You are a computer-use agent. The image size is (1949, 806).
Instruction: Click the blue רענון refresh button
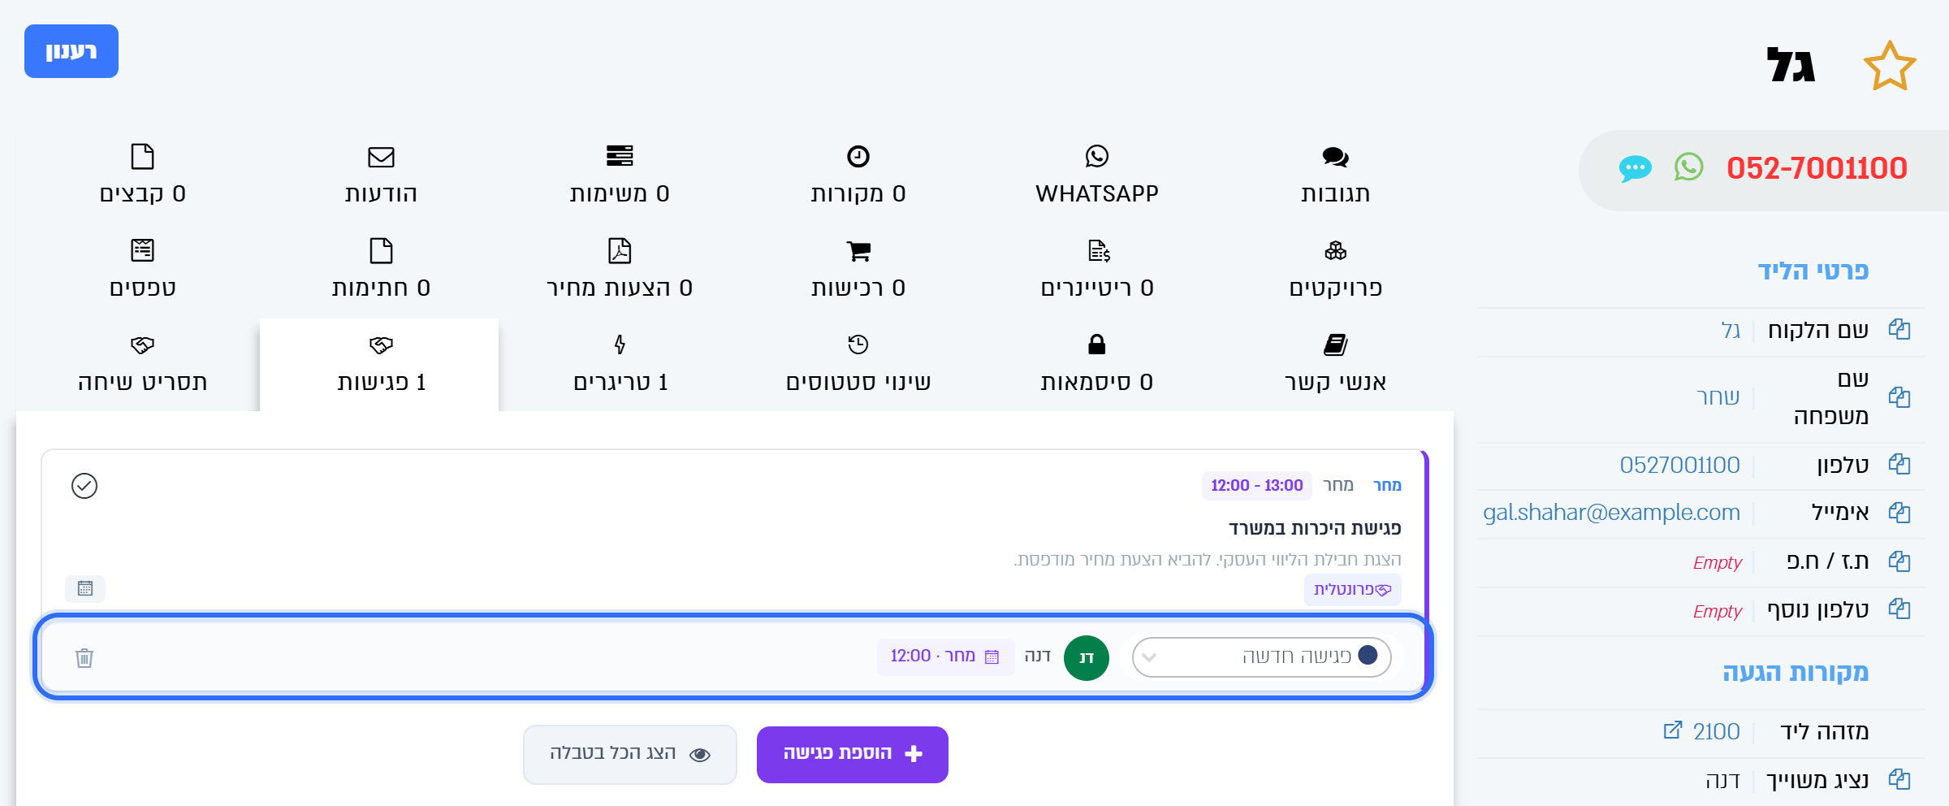[x=71, y=51]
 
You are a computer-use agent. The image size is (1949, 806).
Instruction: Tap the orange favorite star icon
[x=1890, y=66]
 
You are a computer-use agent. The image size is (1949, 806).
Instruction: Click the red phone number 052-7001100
[x=1817, y=168]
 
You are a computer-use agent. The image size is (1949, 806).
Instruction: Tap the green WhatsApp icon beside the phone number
[x=1688, y=167]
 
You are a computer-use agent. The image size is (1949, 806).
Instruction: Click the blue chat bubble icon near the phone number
[x=1635, y=168]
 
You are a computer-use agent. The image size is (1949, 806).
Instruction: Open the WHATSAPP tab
[x=1096, y=174]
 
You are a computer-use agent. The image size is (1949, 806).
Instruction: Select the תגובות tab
[x=1335, y=174]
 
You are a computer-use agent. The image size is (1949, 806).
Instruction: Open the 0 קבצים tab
[x=142, y=174]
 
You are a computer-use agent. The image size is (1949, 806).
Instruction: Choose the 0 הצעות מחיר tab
[x=620, y=268]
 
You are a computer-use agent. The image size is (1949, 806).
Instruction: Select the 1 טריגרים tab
[x=620, y=362]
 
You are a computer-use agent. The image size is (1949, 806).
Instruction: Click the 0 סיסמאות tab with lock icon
[x=1096, y=362]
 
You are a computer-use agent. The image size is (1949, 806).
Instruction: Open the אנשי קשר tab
[x=1335, y=362]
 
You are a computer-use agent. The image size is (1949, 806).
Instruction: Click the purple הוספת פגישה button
[x=853, y=754]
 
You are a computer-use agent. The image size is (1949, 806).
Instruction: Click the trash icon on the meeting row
[x=84, y=657]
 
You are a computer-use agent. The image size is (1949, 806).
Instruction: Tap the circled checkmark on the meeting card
[x=84, y=486]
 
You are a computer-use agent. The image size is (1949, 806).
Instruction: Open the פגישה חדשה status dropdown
[x=1261, y=656]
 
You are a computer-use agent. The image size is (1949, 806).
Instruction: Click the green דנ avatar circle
[x=1087, y=657]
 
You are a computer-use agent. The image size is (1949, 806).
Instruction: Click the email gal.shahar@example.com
[x=1611, y=513]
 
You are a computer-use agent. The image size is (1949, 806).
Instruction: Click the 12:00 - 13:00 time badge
[x=1256, y=485]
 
